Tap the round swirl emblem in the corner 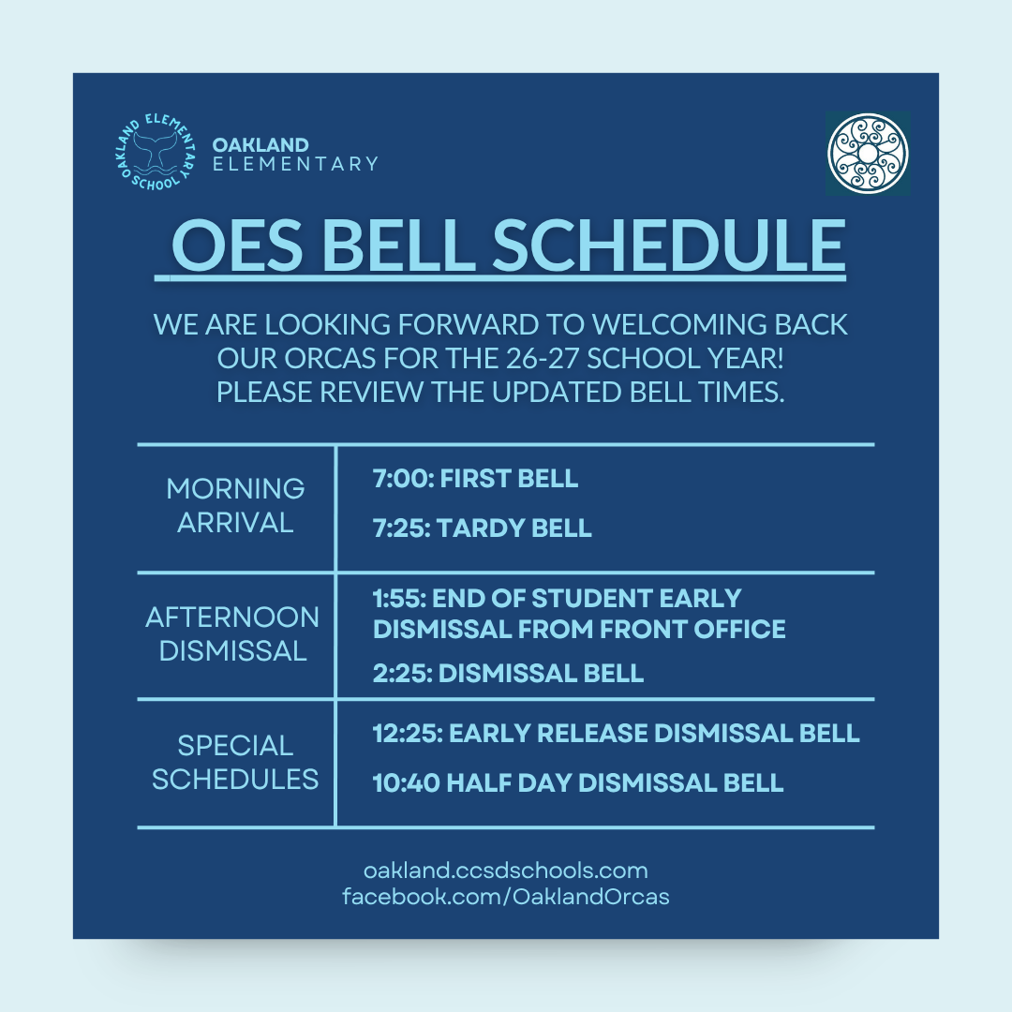click(868, 154)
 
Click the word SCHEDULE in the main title click(669, 246)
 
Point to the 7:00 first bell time click(400, 479)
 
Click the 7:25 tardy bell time click(401, 528)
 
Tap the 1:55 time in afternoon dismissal click(399, 598)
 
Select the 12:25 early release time click(408, 733)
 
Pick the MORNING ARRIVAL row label click(235, 505)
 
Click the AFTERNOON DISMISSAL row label click(232, 633)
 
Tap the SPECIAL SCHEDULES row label click(235, 762)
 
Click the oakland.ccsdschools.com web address click(505, 871)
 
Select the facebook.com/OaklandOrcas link click(505, 897)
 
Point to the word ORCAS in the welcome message click(329, 358)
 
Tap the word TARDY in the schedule click(471, 528)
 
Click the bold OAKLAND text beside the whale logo click(260, 144)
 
